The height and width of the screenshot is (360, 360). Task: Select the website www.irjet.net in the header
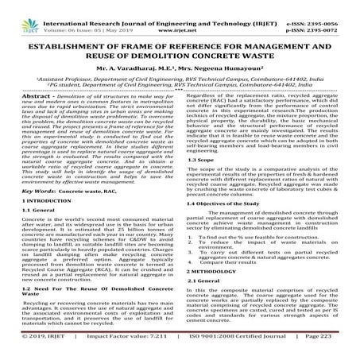[x=181, y=14]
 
